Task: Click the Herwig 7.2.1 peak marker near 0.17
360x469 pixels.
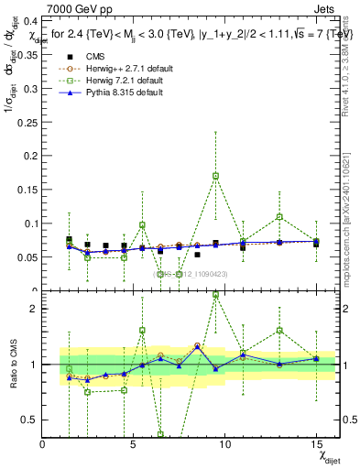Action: pos(215,176)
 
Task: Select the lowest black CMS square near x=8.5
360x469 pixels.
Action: pos(197,255)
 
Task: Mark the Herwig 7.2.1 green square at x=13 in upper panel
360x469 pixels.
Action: pos(279,217)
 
